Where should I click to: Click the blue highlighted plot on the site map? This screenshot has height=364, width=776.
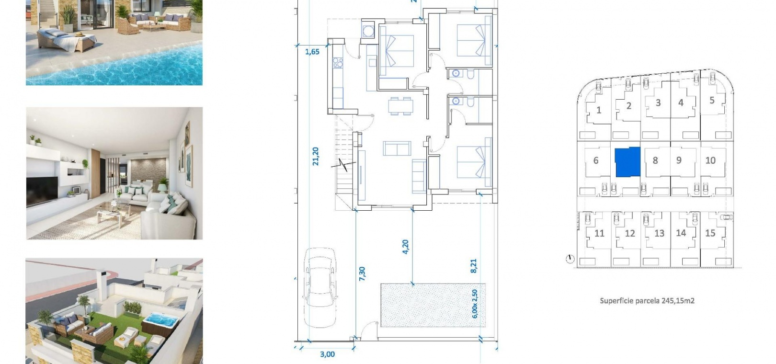click(x=628, y=162)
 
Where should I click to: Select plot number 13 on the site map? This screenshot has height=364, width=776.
click(x=659, y=233)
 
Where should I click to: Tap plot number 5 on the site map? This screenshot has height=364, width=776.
click(x=712, y=101)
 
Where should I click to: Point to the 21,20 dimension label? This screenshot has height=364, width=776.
click(x=315, y=157)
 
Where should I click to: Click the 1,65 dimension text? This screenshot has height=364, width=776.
click(x=312, y=52)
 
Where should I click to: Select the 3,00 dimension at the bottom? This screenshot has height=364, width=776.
click(x=327, y=354)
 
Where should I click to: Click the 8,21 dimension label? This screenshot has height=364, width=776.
click(x=474, y=266)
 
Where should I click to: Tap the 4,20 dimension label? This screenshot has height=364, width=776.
click(x=405, y=247)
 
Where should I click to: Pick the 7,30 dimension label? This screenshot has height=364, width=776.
click(x=362, y=273)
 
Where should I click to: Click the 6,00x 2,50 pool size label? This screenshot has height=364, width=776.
click(x=475, y=304)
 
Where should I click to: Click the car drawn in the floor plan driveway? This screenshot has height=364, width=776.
click(x=320, y=287)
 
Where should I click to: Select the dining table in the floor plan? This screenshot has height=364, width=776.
click(x=400, y=106)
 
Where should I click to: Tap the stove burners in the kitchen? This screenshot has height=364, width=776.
click(x=338, y=63)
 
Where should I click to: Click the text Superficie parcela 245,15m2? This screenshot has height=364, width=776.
click(x=647, y=301)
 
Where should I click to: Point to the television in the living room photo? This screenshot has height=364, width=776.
click(x=42, y=191)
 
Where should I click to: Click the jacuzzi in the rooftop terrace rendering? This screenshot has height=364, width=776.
click(x=160, y=323)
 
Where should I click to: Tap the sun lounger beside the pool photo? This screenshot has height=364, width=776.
click(x=67, y=39)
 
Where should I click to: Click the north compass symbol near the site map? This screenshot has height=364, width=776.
click(x=570, y=259)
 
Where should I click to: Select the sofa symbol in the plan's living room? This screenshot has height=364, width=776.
click(x=397, y=148)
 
